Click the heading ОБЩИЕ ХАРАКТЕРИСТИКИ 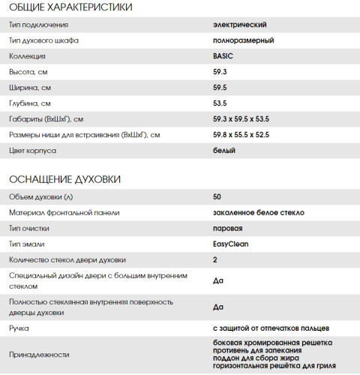(70, 8)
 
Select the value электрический (240, 25)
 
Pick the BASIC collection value (223, 56)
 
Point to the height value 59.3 (220, 72)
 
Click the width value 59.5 (220, 88)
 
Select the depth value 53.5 (220, 103)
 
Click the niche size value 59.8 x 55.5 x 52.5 (247, 135)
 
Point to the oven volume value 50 (217, 197)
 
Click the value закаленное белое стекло (258, 213)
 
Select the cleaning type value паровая (228, 229)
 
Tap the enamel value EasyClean (229, 244)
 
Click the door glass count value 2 (215, 260)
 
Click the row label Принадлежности (39, 355)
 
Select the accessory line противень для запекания (257, 350)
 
